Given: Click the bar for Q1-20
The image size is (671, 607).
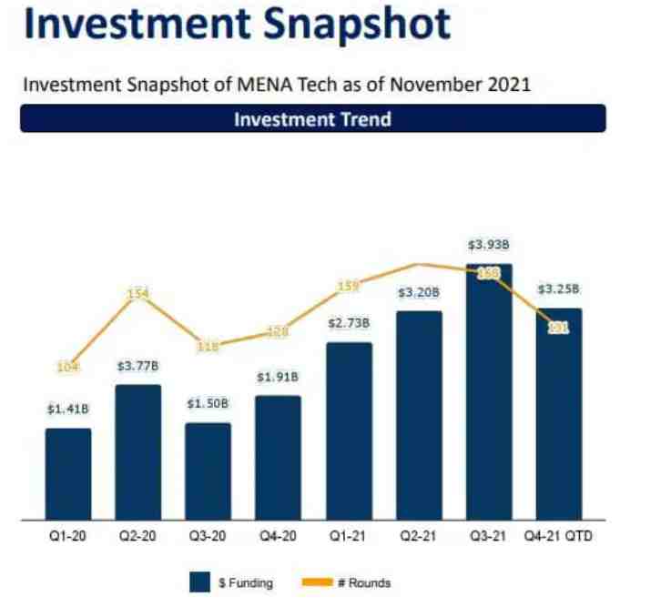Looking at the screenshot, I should (x=68, y=474).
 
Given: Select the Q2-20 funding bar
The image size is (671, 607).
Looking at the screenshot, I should (x=138, y=452).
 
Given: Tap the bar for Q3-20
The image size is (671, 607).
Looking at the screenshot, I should (x=208, y=471).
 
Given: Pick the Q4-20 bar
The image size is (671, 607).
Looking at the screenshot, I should (x=279, y=458).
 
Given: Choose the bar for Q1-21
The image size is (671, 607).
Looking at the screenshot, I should (x=349, y=431).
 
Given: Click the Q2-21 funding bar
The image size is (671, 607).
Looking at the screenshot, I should (x=419, y=416).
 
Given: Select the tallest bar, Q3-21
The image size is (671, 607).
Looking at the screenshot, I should (x=489, y=392).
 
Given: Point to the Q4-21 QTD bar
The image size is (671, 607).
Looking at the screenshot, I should (x=559, y=414).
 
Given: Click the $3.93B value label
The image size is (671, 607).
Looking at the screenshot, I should (x=488, y=245).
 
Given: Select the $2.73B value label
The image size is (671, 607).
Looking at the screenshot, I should (x=349, y=324).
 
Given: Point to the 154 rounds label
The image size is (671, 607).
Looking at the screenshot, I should (x=138, y=294).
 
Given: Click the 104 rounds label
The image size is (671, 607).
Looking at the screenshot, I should (x=68, y=367).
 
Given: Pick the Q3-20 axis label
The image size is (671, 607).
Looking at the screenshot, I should (x=208, y=536).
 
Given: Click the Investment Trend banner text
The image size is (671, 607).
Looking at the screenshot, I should (x=312, y=119).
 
